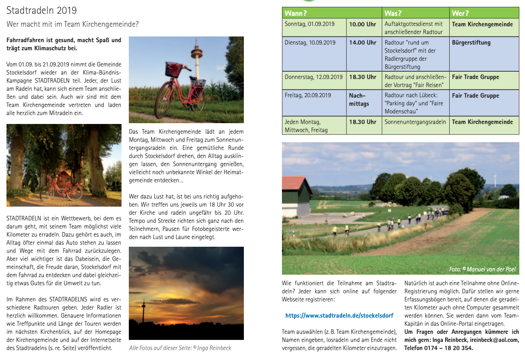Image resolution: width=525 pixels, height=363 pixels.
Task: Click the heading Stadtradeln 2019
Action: pyautogui.click(x=42, y=10)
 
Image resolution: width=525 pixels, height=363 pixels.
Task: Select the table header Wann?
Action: pyautogui.click(x=296, y=13)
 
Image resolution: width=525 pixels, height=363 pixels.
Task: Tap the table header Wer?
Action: pyautogui.click(x=461, y=13)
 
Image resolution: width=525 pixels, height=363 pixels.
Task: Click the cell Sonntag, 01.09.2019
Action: pyautogui.click(x=309, y=24)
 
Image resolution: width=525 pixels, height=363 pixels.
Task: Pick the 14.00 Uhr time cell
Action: pyautogui.click(x=363, y=43)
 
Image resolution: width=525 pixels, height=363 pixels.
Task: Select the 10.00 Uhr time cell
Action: pyautogui.click(x=363, y=24)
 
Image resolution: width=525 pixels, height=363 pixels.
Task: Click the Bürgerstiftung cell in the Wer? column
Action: pyautogui.click(x=471, y=43)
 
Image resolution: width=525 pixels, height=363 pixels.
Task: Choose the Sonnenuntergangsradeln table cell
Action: pyautogui.click(x=415, y=122)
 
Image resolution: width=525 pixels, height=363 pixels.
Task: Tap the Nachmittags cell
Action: pyautogui.click(x=359, y=100)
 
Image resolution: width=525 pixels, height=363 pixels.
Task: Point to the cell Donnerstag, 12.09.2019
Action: pyautogui.click(x=314, y=77)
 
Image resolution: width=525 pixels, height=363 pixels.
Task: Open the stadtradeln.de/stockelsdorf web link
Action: pyautogui.click(x=339, y=315)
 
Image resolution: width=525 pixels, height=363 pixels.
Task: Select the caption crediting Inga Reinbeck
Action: pyautogui.click(x=180, y=348)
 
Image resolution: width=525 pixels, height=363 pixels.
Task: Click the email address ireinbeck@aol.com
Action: pyautogui.click(x=496, y=340)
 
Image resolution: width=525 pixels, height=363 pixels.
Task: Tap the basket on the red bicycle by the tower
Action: pyautogui.click(x=173, y=69)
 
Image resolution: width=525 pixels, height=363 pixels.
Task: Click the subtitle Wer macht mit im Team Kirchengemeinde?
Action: pyautogui.click(x=73, y=24)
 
